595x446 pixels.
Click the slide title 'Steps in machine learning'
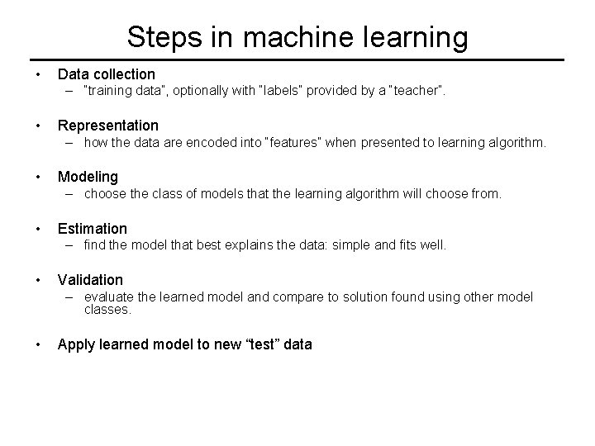pyautogui.click(x=297, y=37)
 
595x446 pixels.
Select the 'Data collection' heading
pyautogui.click(x=106, y=74)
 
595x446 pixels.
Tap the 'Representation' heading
pyautogui.click(x=107, y=126)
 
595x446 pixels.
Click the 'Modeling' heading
pyautogui.click(x=88, y=177)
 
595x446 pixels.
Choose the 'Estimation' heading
pyautogui.click(x=92, y=229)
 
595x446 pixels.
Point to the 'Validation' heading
pyautogui.click(x=90, y=280)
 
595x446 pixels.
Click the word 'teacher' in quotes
pyautogui.click(x=416, y=91)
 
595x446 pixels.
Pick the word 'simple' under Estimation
pyautogui.click(x=353, y=245)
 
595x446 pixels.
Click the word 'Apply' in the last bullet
pyautogui.click(x=76, y=345)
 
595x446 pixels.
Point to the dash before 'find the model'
pyautogui.click(x=74, y=245)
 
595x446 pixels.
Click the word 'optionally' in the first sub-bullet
pyautogui.click(x=196, y=91)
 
